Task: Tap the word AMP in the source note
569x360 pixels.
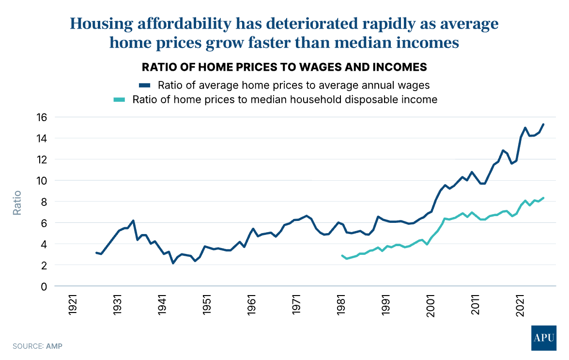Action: (x=54, y=346)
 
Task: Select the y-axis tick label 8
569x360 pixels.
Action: (x=44, y=202)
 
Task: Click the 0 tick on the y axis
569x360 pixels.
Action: (x=44, y=286)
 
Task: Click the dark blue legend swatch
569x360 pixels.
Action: (x=145, y=85)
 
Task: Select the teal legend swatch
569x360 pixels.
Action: (x=119, y=100)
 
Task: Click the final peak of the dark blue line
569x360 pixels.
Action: (x=543, y=124)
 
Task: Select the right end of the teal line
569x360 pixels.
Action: (x=543, y=198)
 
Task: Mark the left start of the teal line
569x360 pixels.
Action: (x=342, y=255)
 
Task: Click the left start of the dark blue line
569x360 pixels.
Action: (x=96, y=252)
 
